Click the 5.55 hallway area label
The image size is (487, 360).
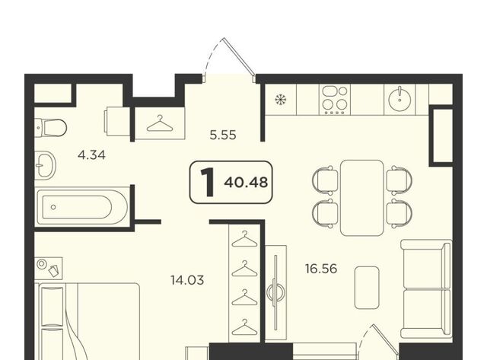point(223,135)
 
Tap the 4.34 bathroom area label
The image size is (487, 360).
point(91,155)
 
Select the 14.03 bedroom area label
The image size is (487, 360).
point(187,280)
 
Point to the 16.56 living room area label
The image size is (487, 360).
point(321,269)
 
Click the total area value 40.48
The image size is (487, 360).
point(246,183)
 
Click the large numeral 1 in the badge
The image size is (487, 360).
point(208,182)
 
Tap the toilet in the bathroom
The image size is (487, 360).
point(50,127)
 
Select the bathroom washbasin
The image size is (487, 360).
point(46,165)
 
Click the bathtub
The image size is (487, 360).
point(82,207)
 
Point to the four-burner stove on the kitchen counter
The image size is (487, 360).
point(335,100)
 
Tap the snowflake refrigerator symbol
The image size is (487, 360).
point(281,100)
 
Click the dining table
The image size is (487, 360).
point(362,198)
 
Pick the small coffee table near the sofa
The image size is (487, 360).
point(367,288)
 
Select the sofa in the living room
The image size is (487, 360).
point(426,289)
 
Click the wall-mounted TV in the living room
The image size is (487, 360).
point(275,292)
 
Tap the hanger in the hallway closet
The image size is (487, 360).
point(160,123)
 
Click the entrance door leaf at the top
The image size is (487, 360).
point(240,56)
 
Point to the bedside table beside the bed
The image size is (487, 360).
point(49,268)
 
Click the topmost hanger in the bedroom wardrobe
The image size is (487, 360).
point(245,239)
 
